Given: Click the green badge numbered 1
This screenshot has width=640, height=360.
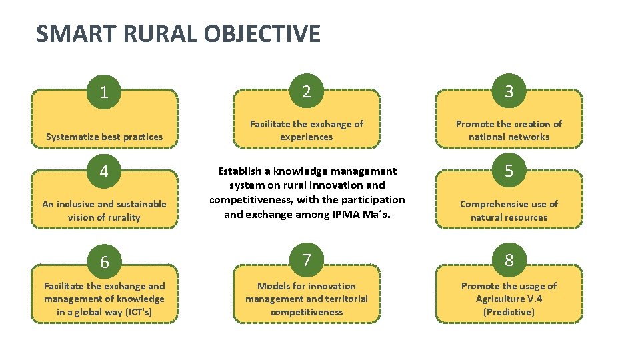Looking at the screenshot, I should pyautogui.click(x=104, y=91).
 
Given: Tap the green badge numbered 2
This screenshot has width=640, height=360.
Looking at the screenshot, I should pyautogui.click(x=306, y=91).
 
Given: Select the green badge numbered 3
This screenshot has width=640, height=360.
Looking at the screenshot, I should pyautogui.click(x=509, y=91).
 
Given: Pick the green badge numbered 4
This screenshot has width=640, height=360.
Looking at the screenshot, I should pyautogui.click(x=104, y=171).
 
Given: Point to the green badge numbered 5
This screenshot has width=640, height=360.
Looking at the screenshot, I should pyautogui.click(x=509, y=171).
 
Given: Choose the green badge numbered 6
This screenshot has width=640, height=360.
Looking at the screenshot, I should pyautogui.click(x=104, y=262).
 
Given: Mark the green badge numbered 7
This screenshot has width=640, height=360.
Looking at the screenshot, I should pyautogui.click(x=306, y=261).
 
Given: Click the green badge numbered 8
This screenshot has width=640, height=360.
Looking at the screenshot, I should pyautogui.click(x=509, y=261).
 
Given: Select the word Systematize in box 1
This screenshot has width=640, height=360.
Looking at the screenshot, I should pyautogui.click(x=72, y=137).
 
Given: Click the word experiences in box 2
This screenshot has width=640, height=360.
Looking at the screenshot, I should pyautogui.click(x=306, y=137).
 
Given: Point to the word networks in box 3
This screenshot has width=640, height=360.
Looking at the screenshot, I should pyautogui.click(x=527, y=137).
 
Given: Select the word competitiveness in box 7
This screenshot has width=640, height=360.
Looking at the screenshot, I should pyautogui.click(x=306, y=312).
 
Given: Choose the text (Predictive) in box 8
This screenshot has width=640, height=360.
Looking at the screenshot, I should pyautogui.click(x=509, y=312).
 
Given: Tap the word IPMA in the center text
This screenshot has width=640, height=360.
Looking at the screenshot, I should pyautogui.click(x=345, y=215).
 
